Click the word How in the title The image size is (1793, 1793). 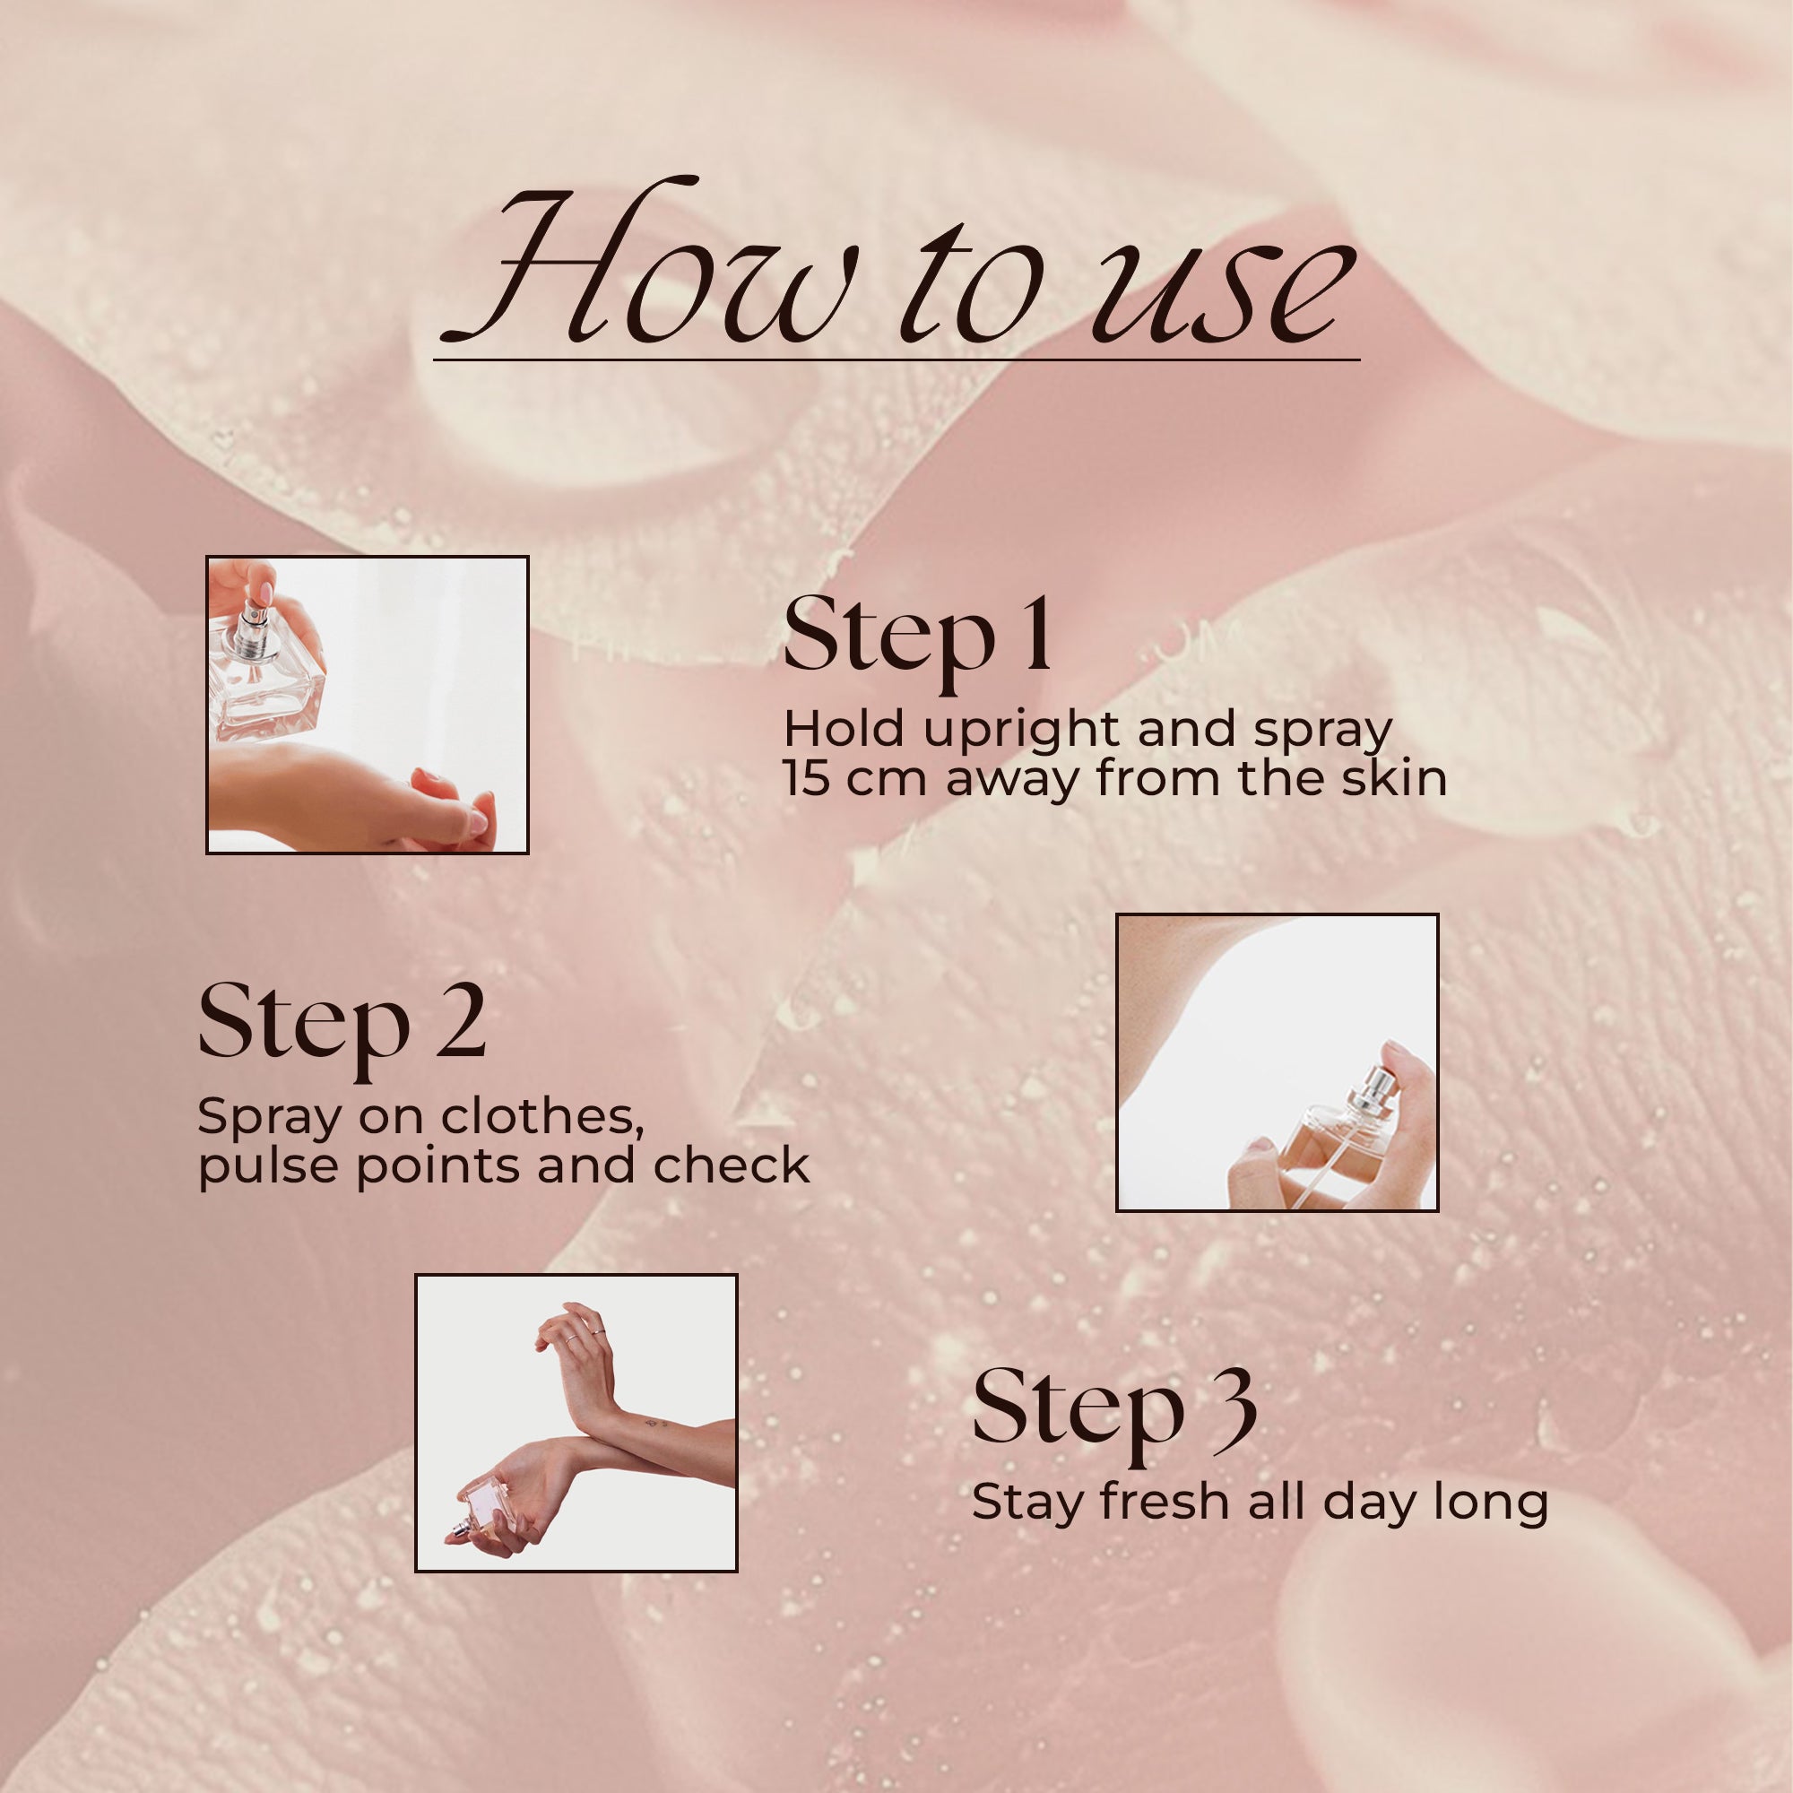(650, 269)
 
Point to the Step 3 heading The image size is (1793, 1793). (1113, 1408)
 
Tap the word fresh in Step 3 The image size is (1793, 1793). (1164, 1501)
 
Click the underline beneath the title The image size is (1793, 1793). (896, 359)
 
